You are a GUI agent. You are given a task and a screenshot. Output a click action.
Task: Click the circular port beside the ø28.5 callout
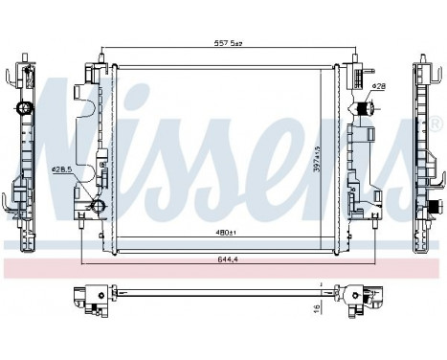(97, 207)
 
